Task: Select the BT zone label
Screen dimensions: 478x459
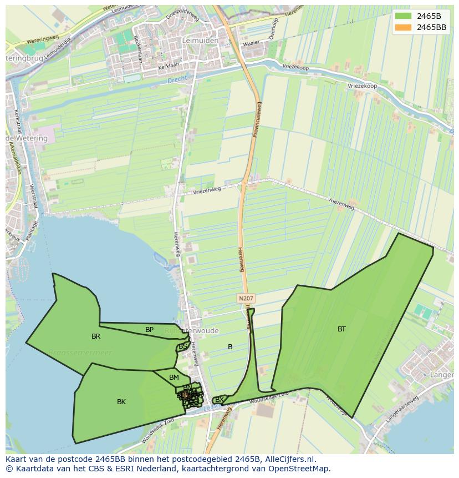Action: tap(341, 329)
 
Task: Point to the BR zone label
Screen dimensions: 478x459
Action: tap(96, 336)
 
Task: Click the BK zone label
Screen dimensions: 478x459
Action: tap(121, 402)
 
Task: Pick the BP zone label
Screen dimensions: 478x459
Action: tap(149, 330)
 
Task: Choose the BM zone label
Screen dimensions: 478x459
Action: tap(174, 378)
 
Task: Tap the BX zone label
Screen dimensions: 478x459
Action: tap(220, 399)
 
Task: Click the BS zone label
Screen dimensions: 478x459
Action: tap(183, 346)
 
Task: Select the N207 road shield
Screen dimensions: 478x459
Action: tap(246, 298)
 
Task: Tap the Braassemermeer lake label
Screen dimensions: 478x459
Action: tap(80, 353)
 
